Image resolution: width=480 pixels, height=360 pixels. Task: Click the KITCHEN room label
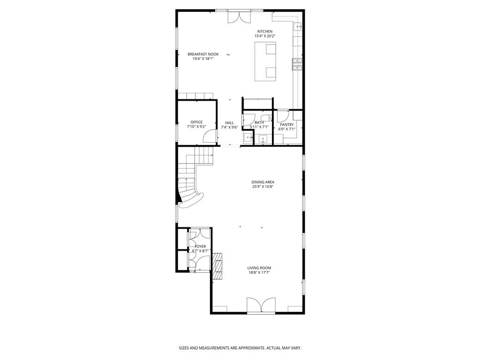264,31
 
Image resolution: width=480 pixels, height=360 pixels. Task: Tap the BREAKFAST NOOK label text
203,54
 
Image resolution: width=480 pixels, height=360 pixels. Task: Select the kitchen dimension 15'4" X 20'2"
264,36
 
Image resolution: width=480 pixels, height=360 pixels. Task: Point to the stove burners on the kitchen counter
296,64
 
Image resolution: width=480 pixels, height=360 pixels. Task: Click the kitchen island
265,61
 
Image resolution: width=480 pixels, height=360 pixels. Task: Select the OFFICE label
196,122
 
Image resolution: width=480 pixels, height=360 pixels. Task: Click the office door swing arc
208,136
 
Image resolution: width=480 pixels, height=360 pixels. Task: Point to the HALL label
229,123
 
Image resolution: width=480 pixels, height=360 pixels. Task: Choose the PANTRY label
287,125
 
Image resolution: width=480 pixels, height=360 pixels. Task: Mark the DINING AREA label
262,182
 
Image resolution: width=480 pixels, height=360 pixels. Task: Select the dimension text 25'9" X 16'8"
262,187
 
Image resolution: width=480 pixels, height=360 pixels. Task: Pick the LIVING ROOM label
259,268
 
